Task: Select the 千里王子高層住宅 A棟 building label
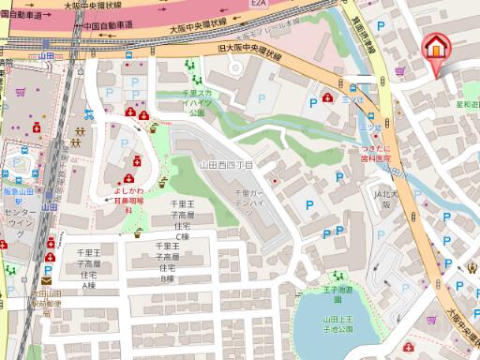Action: pos(88,268)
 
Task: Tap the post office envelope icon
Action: pos(46,279)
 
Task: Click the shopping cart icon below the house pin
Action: pos(400,70)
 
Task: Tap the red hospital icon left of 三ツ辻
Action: pos(326,96)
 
